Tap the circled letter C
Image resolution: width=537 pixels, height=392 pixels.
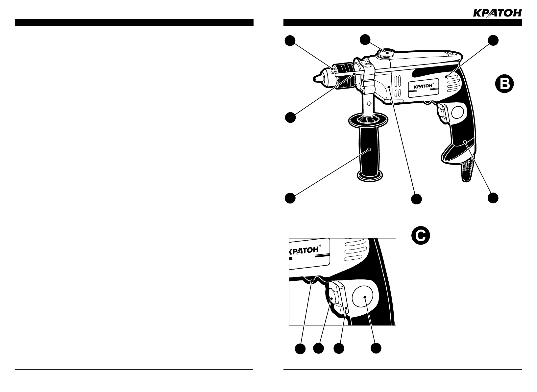(x=421, y=236)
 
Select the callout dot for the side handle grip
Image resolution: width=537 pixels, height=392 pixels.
(x=290, y=198)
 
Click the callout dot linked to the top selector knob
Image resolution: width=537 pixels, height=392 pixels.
(x=365, y=39)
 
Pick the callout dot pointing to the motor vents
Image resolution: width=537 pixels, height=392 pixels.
(x=492, y=40)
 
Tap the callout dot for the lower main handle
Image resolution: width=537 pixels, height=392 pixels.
(x=492, y=198)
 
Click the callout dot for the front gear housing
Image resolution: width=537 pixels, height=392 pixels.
(x=416, y=199)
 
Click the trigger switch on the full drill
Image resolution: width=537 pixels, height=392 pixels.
(x=442, y=113)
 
